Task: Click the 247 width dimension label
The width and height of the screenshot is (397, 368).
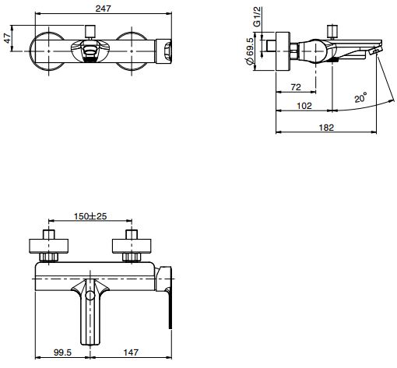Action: [103, 9]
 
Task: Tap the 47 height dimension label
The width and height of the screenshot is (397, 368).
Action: [8, 38]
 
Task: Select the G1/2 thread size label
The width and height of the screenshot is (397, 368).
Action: [257, 16]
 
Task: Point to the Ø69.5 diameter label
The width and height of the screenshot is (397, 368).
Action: [250, 51]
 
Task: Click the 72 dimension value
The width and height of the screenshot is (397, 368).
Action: [296, 87]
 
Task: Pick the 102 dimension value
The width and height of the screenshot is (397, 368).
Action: [304, 106]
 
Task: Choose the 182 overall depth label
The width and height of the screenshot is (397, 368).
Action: [326, 128]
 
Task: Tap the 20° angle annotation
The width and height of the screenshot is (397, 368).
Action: [361, 97]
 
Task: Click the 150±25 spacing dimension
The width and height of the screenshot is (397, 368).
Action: [90, 216]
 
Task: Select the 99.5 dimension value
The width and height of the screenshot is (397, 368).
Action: [62, 352]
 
